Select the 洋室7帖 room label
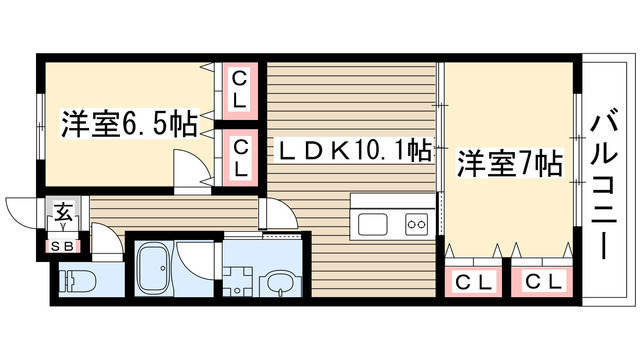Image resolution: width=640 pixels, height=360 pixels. pyautogui.click(x=509, y=162)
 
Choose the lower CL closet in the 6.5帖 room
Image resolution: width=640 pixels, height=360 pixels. pyautogui.click(x=240, y=156)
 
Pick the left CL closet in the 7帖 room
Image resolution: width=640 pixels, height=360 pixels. pyautogui.click(x=472, y=281)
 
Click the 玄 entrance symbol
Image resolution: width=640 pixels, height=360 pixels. pyautogui.click(x=62, y=213)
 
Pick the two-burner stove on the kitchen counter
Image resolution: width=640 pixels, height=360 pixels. pyautogui.click(x=417, y=224)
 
